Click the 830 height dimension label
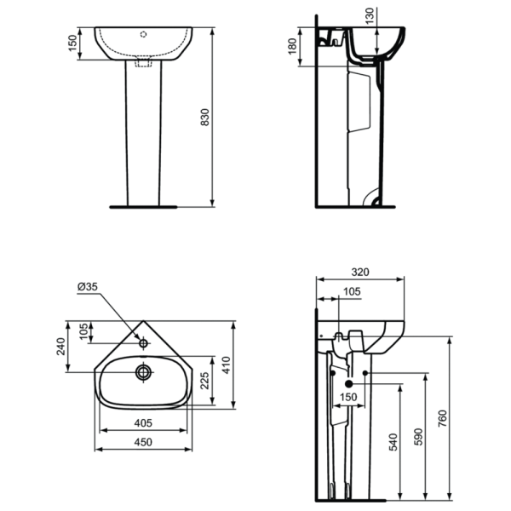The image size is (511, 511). tap(204, 118)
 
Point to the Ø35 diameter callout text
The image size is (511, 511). tap(88, 287)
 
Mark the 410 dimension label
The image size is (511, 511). tap(227, 365)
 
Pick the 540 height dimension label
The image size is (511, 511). tap(393, 444)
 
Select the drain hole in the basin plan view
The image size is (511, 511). tap(143, 371)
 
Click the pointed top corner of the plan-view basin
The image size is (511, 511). tap(143, 322)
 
